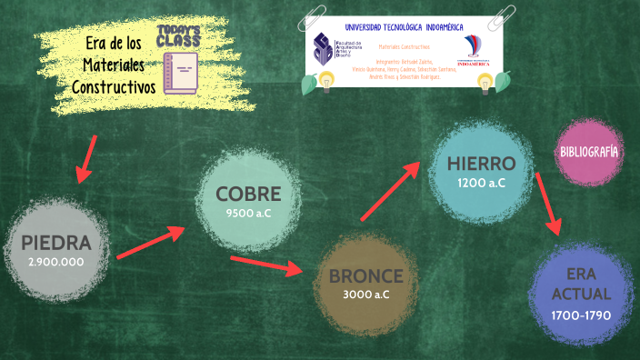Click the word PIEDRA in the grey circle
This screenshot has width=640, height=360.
click(x=57, y=243)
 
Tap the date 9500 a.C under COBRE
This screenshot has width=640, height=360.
click(x=248, y=214)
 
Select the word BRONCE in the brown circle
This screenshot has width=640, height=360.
click(x=365, y=275)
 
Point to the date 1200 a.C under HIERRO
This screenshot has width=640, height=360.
click(x=481, y=183)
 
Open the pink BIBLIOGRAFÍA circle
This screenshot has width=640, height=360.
click(x=589, y=151)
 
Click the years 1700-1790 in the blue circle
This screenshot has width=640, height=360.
click(x=580, y=315)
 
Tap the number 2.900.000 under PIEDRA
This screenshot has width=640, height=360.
click(x=56, y=262)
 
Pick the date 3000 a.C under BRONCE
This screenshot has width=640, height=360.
click(x=365, y=295)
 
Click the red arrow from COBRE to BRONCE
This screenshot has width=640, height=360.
click(x=265, y=266)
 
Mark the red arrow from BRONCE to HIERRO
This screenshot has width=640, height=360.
click(x=390, y=192)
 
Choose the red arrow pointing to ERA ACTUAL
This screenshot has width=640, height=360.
click(x=547, y=203)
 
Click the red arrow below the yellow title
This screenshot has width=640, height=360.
click(x=85, y=156)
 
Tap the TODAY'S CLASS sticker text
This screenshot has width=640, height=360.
click(x=178, y=36)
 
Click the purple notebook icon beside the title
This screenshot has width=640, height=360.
click(x=179, y=74)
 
